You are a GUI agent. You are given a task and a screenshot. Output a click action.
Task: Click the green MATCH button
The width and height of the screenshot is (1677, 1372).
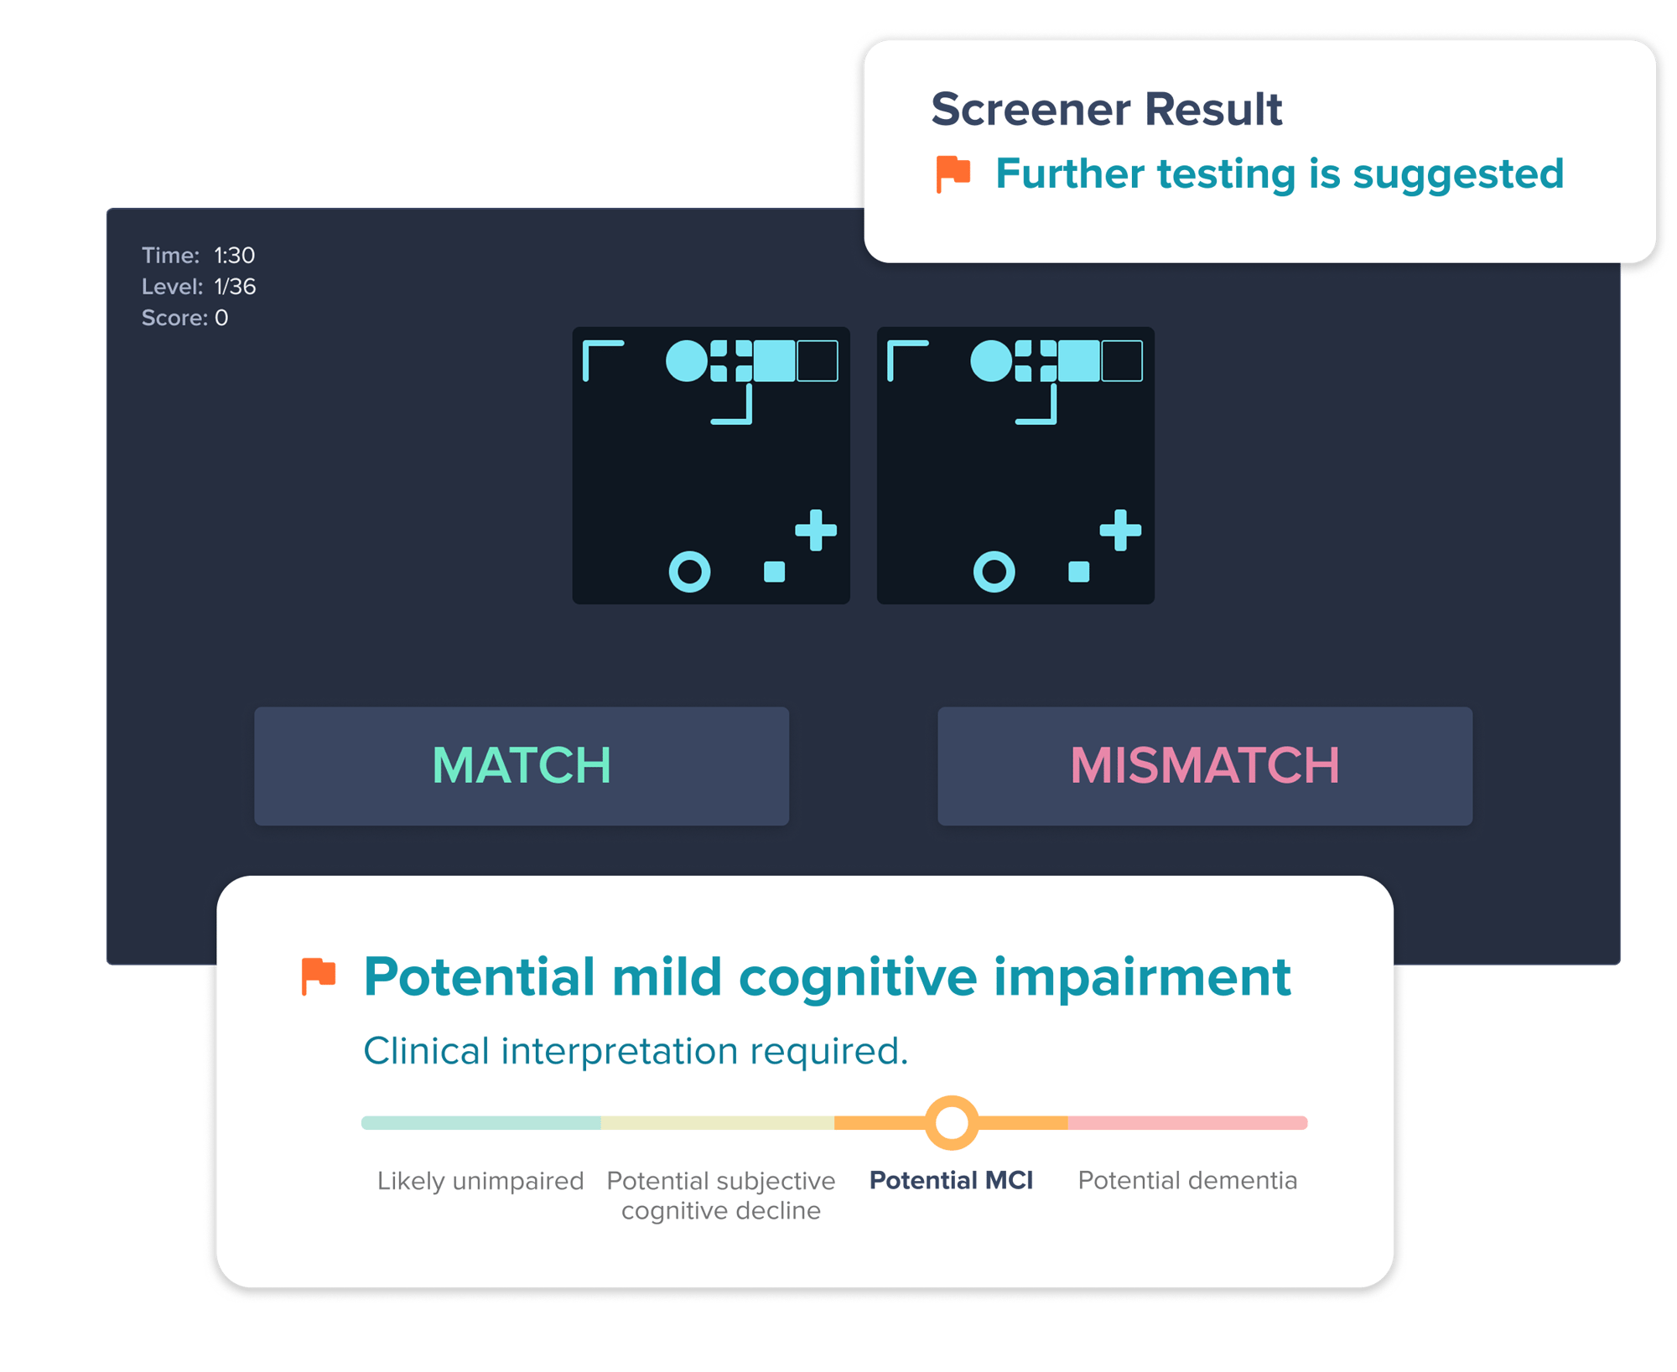click(522, 765)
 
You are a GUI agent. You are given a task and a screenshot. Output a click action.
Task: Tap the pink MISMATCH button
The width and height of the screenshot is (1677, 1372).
click(1205, 765)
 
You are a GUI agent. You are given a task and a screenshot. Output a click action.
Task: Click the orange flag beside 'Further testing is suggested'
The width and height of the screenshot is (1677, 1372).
click(953, 174)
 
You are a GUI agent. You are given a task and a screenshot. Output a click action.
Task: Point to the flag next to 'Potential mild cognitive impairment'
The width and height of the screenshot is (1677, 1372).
click(318, 976)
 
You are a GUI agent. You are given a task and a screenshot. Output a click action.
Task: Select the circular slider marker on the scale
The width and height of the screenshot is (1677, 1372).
click(952, 1122)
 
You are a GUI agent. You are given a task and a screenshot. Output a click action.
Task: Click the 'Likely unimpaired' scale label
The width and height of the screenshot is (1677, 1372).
click(480, 1180)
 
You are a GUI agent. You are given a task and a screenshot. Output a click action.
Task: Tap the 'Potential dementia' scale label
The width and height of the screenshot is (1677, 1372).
click(1187, 1180)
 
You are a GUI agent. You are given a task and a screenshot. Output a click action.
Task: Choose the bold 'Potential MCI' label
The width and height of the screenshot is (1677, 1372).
click(952, 1180)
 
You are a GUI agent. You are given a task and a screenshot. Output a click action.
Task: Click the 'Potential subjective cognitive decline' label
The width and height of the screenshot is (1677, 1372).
click(721, 1195)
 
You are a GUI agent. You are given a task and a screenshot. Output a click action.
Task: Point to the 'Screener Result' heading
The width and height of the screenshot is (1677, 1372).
click(1107, 109)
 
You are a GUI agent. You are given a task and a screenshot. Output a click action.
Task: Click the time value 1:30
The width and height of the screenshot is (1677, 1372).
click(234, 255)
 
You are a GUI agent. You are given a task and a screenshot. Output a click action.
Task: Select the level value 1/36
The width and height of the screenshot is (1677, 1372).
click(235, 287)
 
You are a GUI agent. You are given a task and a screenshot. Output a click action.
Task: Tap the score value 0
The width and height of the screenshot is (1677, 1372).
click(221, 318)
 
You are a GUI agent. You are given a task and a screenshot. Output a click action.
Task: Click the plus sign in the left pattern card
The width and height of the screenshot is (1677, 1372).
click(816, 530)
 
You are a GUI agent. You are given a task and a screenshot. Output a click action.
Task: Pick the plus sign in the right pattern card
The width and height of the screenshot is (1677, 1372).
click(1120, 530)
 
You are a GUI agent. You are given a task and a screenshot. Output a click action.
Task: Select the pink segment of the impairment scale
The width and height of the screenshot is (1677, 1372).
click(1187, 1123)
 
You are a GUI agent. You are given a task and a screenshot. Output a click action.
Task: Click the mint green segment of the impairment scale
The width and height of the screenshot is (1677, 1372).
click(481, 1123)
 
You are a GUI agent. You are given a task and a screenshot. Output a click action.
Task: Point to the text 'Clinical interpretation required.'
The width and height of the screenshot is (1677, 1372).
click(636, 1051)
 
